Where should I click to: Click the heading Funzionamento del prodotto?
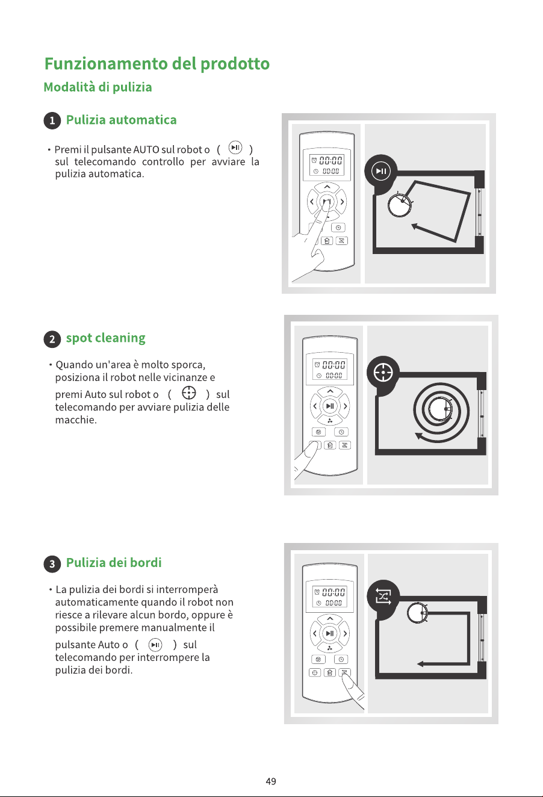157,64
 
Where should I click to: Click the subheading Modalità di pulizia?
98,87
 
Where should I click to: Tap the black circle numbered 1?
52,120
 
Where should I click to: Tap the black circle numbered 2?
52,339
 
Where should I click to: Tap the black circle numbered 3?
52,564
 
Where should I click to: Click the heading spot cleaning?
106,338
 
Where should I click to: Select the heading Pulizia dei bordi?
114,562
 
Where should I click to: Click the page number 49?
271,781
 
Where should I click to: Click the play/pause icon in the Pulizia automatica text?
235,147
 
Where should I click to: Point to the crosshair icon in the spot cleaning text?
188,393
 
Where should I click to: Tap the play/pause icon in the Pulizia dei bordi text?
155,645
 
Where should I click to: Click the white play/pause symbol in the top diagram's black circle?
380,171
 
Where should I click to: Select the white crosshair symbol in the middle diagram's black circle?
383,373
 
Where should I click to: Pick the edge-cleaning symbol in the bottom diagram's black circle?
383,596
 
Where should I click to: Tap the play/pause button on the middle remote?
330,406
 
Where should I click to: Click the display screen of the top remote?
327,165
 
